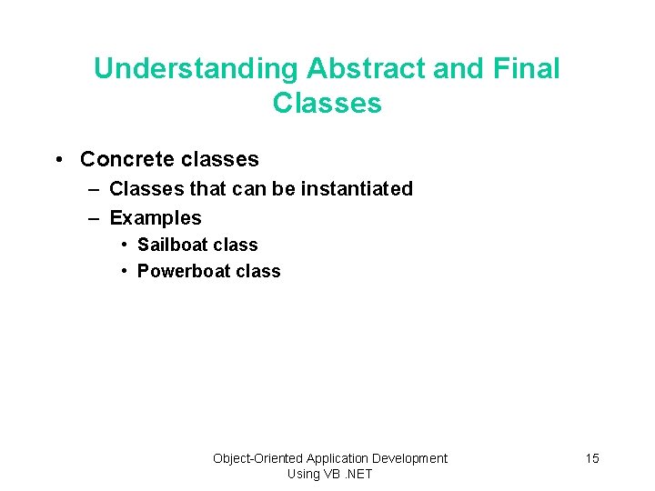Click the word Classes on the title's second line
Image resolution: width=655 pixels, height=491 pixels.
(x=327, y=103)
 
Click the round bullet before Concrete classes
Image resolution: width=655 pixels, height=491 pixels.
(x=58, y=160)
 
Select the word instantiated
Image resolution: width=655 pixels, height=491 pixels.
(x=357, y=189)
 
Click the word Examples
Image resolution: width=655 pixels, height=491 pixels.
(x=156, y=218)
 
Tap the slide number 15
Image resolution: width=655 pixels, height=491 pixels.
(x=592, y=458)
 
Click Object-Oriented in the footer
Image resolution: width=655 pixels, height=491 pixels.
(x=257, y=458)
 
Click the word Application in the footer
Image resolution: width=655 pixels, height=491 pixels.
(x=339, y=458)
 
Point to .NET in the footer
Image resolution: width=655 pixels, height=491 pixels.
(x=357, y=474)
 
